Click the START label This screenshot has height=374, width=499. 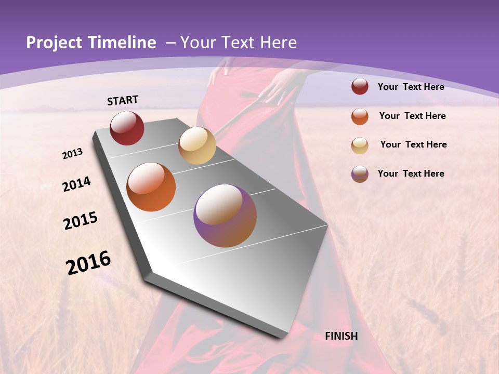[123, 100]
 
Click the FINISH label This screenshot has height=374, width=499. [341, 336]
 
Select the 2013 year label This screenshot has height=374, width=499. [73, 154]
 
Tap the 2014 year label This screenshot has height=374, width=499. [76, 184]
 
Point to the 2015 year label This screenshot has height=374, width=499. [81, 221]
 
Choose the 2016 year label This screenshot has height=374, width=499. [88, 263]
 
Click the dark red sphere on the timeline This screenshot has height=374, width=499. [127, 128]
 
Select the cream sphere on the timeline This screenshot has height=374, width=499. [197, 145]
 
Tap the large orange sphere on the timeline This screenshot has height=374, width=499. [151, 187]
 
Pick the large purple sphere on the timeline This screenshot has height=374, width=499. [225, 216]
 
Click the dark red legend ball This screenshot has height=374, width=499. [360, 87]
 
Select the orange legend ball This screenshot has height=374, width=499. [360, 116]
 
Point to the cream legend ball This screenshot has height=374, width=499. [360, 145]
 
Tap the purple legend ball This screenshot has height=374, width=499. [360, 174]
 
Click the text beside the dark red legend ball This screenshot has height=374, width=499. [411, 87]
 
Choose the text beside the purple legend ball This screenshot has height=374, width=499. [411, 173]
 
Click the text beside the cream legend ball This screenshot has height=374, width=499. [413, 144]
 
